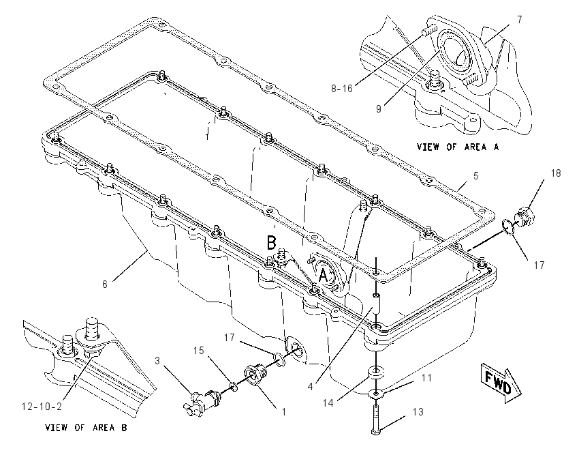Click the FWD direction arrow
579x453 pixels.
click(x=501, y=383)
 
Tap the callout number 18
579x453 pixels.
click(x=555, y=173)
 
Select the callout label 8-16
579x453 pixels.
click(x=341, y=89)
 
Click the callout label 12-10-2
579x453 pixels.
click(x=42, y=407)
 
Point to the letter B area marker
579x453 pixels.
click(x=271, y=243)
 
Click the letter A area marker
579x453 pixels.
click(x=323, y=276)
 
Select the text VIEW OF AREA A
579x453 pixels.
click(x=458, y=147)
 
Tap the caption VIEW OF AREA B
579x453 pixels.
click(x=86, y=428)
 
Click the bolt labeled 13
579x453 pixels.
click(x=375, y=420)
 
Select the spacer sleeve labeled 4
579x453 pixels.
click(x=375, y=304)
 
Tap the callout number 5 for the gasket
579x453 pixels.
click(x=476, y=176)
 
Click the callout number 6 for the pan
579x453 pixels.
click(x=105, y=284)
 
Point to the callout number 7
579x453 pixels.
click(x=520, y=20)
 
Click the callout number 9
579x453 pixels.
click(x=379, y=109)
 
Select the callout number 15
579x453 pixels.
click(x=199, y=350)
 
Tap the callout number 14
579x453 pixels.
click(x=328, y=403)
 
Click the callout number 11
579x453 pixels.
click(x=426, y=377)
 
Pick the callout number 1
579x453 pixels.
click(x=284, y=411)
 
